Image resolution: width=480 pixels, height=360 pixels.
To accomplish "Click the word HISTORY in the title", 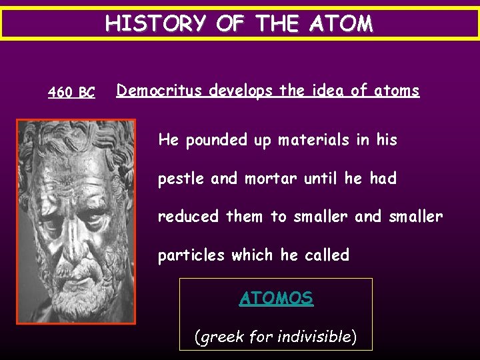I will pos(156,24).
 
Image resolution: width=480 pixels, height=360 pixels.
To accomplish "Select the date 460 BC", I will pos(71,93).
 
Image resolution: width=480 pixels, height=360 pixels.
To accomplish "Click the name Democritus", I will pos(160,91).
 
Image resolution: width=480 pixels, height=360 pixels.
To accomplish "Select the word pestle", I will pos(180,179).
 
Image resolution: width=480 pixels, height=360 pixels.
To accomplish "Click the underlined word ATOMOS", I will pos(276,298).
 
